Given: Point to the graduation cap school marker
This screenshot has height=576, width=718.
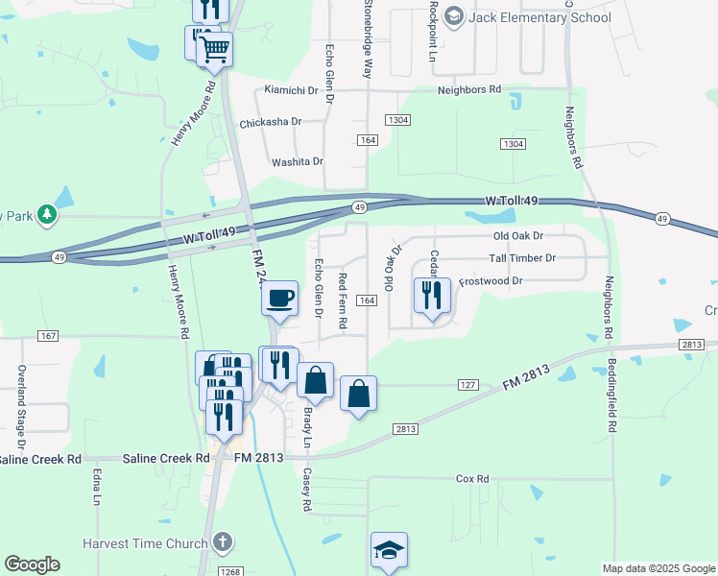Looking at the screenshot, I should pos(389,551).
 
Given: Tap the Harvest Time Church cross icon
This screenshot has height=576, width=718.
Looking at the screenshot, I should pos(223,541).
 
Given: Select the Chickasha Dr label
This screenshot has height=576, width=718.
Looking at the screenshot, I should pos(271,122).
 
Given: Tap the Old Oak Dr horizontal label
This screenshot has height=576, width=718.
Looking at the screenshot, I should pos(518,235).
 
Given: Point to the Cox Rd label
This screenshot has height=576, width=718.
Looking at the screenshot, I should pos(472,478).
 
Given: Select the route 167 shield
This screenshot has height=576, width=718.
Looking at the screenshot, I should pos(50,335).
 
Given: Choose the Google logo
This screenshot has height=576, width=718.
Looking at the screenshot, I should pos(32,564).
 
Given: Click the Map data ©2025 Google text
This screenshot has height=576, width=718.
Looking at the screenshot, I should pos(658,568).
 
